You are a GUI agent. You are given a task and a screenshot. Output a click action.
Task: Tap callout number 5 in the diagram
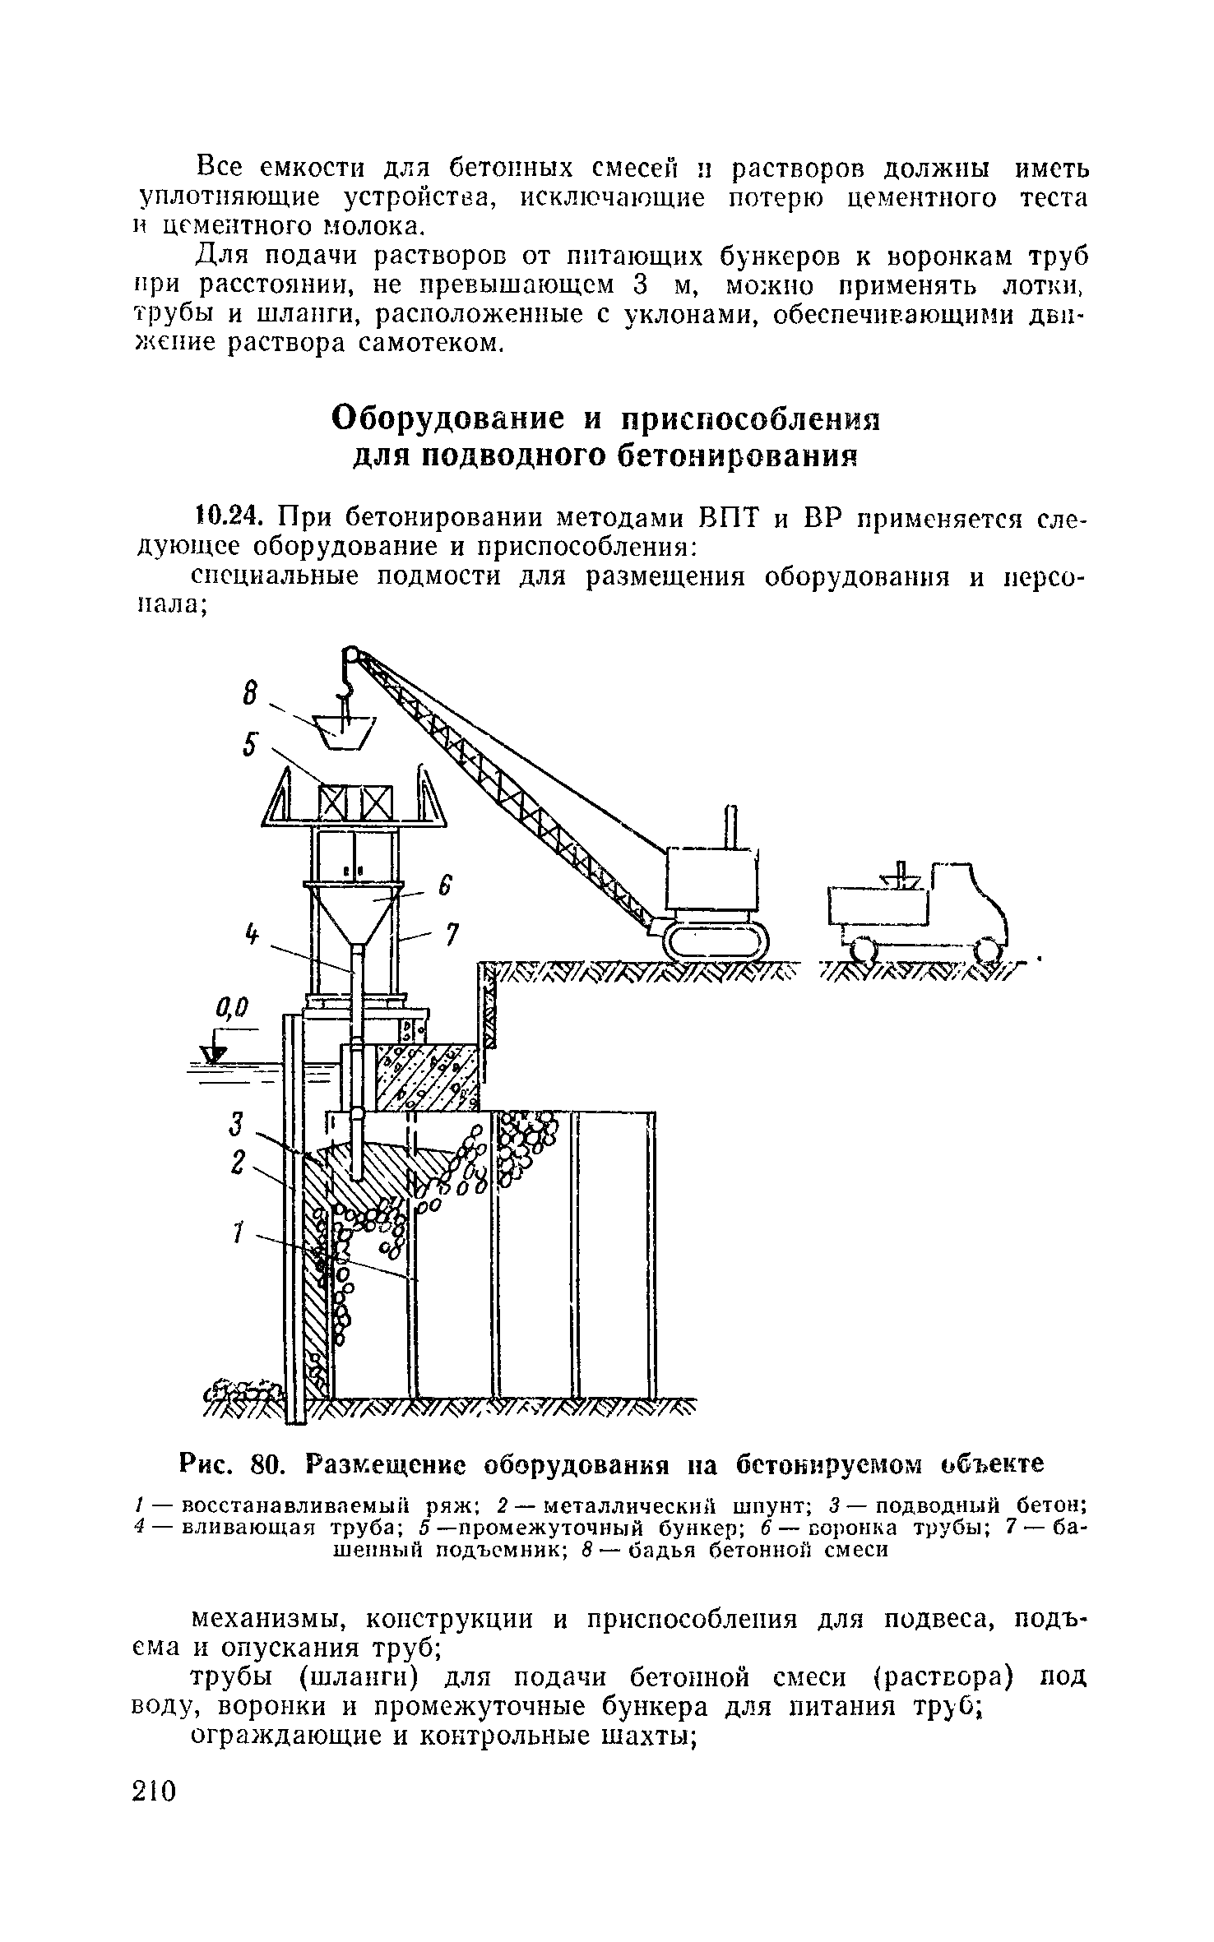[x=251, y=746]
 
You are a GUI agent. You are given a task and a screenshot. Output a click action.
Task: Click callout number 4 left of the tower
[x=253, y=936]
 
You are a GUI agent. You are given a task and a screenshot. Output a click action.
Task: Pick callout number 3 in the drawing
[x=238, y=1123]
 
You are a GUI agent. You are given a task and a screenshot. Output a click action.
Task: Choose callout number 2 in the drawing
[x=238, y=1162]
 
